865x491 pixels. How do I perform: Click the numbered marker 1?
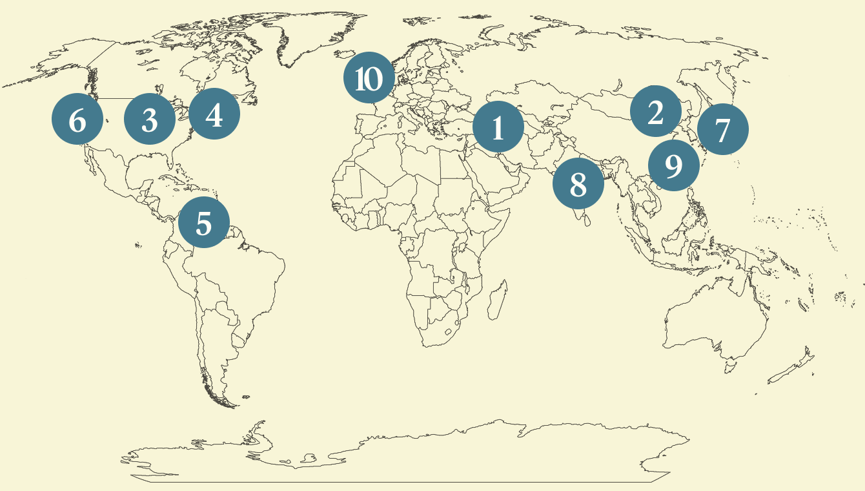[x=498, y=127]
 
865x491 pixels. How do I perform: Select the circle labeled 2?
[x=656, y=112]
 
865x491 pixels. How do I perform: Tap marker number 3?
[x=150, y=119]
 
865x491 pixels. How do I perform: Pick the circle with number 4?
[x=214, y=114]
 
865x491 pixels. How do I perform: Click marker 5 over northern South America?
[x=204, y=223]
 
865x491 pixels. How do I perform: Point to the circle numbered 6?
[x=77, y=120]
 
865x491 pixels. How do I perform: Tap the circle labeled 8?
[x=578, y=184]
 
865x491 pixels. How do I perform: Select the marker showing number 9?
[x=673, y=165]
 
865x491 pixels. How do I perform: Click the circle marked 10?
[x=369, y=78]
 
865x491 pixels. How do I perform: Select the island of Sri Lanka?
[x=586, y=220]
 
